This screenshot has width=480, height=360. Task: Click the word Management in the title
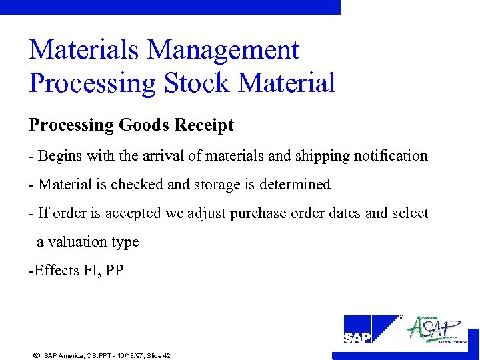click(x=223, y=51)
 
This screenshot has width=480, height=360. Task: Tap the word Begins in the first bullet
click(x=58, y=156)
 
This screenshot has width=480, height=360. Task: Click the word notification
click(x=389, y=156)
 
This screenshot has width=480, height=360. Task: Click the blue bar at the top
click(x=170, y=7)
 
